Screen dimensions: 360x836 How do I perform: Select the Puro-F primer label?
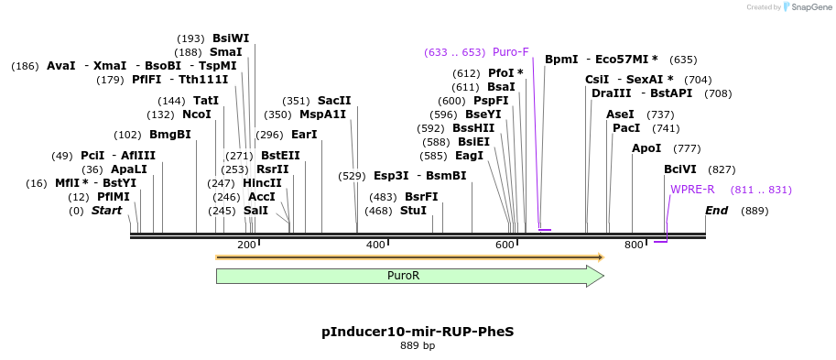coord(511,52)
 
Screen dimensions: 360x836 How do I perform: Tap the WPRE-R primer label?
coord(692,190)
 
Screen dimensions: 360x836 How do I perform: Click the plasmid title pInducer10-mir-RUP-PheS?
coord(418,331)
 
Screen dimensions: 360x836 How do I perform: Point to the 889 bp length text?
coord(418,346)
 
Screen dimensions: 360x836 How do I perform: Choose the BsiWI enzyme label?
coord(231,38)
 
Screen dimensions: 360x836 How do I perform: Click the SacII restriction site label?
coord(334,101)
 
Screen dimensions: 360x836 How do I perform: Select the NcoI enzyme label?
coord(197,115)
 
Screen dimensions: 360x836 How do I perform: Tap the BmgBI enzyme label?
coord(170,135)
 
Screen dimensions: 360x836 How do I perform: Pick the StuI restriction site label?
coord(414,211)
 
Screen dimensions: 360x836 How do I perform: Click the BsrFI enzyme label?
coord(421,197)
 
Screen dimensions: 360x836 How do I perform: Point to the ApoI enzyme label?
coord(646,148)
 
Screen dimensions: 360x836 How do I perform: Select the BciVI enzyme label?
coord(680,169)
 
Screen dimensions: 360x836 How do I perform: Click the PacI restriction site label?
coord(626,128)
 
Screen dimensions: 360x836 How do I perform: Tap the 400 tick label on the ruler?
coord(375,245)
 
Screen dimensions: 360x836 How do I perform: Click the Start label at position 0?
coord(106,211)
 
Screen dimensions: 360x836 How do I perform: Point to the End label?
coord(717,211)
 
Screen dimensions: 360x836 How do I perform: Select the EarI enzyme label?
coord(304,135)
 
